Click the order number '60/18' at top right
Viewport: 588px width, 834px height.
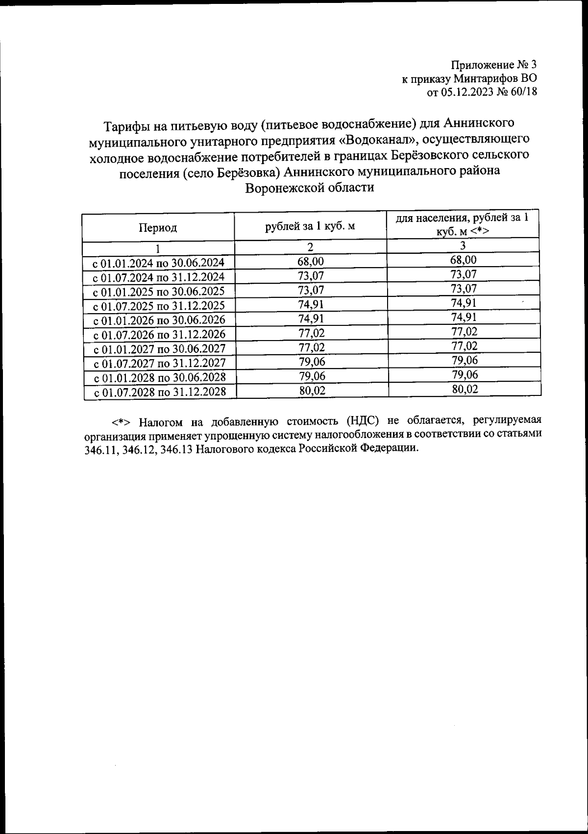(x=522, y=93)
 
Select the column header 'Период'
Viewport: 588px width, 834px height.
(x=157, y=228)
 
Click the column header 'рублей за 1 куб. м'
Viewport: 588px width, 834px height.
(x=310, y=226)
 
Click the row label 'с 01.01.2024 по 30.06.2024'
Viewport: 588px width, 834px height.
(x=158, y=263)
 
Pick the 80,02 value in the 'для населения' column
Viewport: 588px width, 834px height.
(x=464, y=390)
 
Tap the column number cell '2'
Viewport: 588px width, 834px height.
(x=310, y=247)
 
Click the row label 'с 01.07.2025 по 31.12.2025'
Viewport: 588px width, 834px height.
(x=159, y=306)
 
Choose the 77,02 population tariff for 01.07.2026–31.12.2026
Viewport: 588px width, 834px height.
(x=464, y=332)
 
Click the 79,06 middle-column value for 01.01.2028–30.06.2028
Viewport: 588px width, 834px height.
(x=312, y=376)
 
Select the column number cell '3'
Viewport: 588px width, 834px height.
(x=463, y=245)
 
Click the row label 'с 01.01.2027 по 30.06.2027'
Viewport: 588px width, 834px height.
(x=159, y=349)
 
